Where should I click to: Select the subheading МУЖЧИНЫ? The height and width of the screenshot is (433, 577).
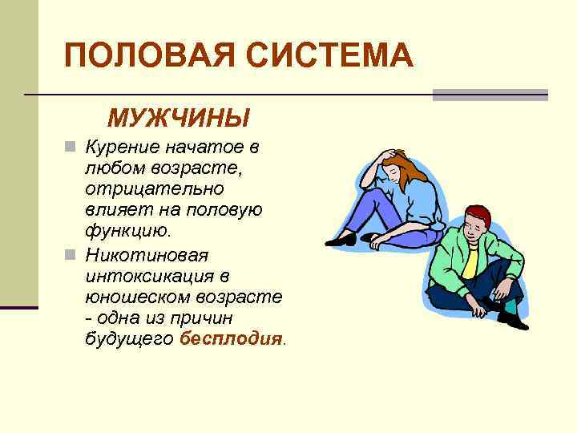(x=179, y=119)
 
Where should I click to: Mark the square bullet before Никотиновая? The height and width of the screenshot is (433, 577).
(x=71, y=256)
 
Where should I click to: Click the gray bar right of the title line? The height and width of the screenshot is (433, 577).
(x=490, y=95)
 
